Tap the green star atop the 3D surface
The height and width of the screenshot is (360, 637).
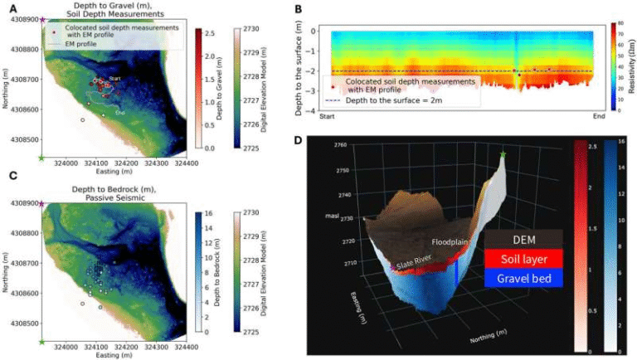(x=503, y=153)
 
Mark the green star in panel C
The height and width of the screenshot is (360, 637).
(x=41, y=341)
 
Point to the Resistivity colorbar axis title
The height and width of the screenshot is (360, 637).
(x=633, y=66)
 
